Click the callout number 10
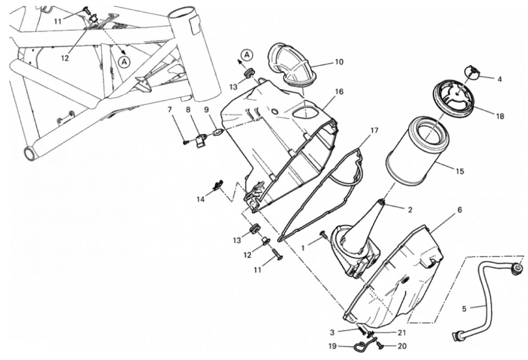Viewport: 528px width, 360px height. (339, 62)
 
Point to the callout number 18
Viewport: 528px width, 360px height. (500, 116)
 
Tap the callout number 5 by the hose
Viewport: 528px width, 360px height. (464, 308)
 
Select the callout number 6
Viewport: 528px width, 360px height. (460, 210)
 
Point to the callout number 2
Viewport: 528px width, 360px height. (410, 210)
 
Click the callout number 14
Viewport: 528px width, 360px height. (200, 200)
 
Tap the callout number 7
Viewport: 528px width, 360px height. (169, 109)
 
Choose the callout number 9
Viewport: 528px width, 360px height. (206, 109)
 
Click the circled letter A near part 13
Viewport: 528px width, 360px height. (248, 55)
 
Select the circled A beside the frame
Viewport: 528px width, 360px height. (124, 62)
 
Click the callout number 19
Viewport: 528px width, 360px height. (332, 346)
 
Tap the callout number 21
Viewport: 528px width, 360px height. (402, 333)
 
